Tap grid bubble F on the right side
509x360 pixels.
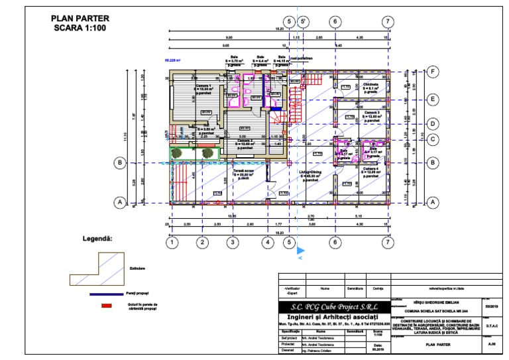click(432, 72)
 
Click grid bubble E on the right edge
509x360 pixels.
click(432, 99)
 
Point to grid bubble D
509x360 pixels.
click(432, 123)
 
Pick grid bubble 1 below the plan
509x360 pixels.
click(171, 243)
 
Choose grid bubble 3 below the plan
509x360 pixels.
click(232, 243)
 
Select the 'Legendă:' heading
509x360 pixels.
click(97, 237)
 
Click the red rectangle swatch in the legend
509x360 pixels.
click(105, 306)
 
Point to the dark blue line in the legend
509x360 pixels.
click(106, 293)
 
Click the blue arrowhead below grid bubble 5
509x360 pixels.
click(301, 251)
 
